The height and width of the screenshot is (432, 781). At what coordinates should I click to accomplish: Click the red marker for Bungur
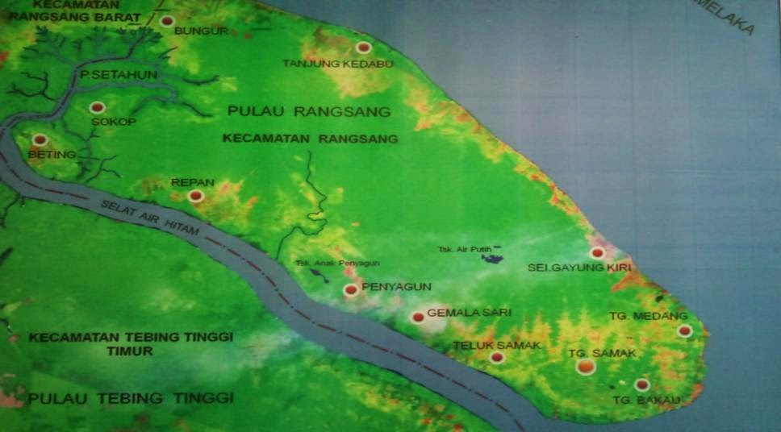pyautogui.click(x=167, y=22)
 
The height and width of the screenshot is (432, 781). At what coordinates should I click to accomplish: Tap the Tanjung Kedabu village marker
pyautogui.click(x=364, y=48)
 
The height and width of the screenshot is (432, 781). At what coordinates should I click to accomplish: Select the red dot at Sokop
pyautogui.click(x=97, y=107)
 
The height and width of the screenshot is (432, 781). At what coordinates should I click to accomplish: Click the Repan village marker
pyautogui.click(x=195, y=196)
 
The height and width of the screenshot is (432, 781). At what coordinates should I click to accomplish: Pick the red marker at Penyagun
pyautogui.click(x=350, y=290)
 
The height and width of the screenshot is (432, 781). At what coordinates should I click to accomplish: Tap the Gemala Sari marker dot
pyautogui.click(x=417, y=318)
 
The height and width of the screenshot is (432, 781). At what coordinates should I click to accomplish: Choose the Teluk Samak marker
pyautogui.click(x=497, y=357)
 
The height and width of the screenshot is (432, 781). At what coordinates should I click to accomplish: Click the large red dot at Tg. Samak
pyautogui.click(x=586, y=367)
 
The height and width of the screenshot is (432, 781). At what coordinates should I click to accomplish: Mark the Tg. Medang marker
pyautogui.click(x=684, y=330)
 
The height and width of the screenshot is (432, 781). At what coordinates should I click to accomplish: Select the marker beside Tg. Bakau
pyautogui.click(x=641, y=384)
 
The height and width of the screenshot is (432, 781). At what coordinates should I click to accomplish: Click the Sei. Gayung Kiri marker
pyautogui.click(x=597, y=253)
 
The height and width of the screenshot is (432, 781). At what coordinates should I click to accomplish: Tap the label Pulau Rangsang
pyautogui.click(x=309, y=110)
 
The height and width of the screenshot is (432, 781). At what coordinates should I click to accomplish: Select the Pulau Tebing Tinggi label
pyautogui.click(x=131, y=398)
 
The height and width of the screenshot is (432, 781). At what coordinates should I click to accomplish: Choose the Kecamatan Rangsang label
pyautogui.click(x=311, y=139)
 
